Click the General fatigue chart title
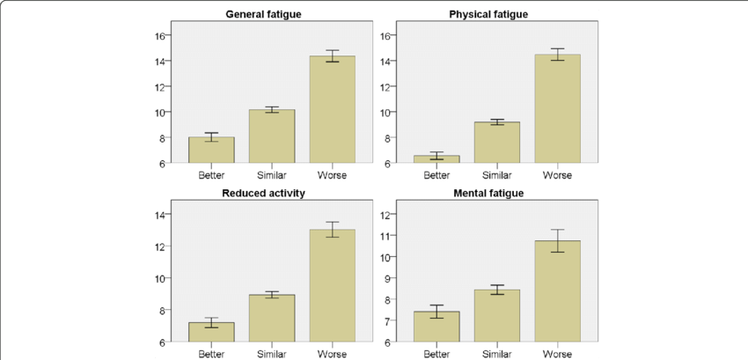pyautogui.click(x=265, y=15)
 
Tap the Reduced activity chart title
pyautogui.click(x=265, y=194)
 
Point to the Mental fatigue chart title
pyautogui.click(x=488, y=194)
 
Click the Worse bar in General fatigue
pyautogui.click(x=332, y=110)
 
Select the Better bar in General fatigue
pyautogui.click(x=212, y=151)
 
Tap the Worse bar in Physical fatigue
pyautogui.click(x=557, y=109)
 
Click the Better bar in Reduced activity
pyautogui.click(x=212, y=332)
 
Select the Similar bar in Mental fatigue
pyautogui.click(x=497, y=316)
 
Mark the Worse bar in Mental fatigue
pyautogui.click(x=557, y=291)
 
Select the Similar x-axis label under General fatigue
pyautogui.click(x=271, y=174)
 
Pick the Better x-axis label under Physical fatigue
pyautogui.click(x=437, y=174)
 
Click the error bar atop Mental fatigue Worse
pyautogui.click(x=557, y=240)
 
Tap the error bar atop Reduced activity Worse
pyautogui.click(x=332, y=230)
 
